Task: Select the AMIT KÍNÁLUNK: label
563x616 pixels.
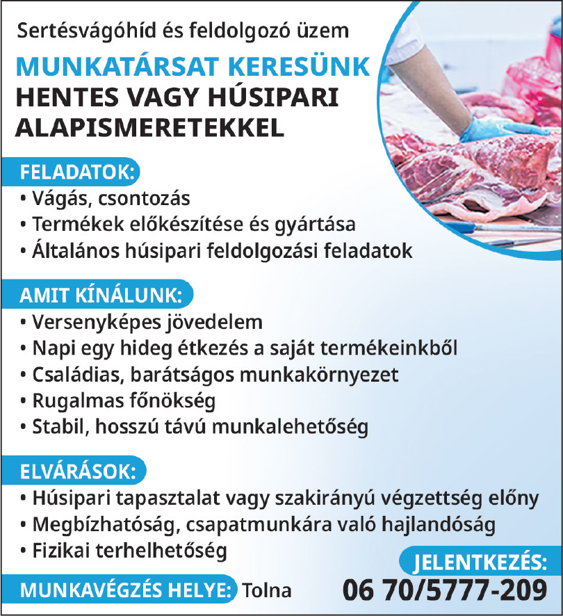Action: point(101,295)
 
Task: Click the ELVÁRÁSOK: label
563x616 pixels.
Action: point(78,471)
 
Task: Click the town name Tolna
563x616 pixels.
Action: point(267,591)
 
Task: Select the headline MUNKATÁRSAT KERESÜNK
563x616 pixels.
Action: point(193,67)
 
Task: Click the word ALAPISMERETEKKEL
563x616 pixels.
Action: point(150,127)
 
